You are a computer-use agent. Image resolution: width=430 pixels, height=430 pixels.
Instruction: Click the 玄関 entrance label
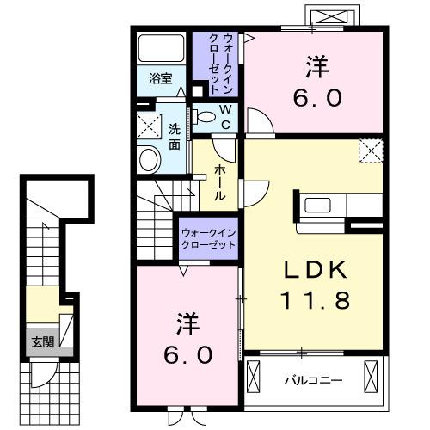pos(42,341)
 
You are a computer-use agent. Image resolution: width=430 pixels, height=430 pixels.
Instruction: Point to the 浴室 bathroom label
pos(161,77)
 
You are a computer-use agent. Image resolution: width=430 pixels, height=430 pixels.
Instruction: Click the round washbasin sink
pos(150,159)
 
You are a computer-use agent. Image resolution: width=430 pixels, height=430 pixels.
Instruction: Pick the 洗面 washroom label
pos(175,138)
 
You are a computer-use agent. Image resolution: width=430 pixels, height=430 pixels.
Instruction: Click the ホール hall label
pos(220,181)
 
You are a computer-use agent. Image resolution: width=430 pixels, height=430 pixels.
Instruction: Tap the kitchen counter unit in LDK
pos(340,206)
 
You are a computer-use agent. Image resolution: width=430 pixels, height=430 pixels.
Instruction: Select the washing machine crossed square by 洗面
pos(150,127)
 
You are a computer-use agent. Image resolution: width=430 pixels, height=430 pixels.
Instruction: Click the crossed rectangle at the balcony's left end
pos(255,375)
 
